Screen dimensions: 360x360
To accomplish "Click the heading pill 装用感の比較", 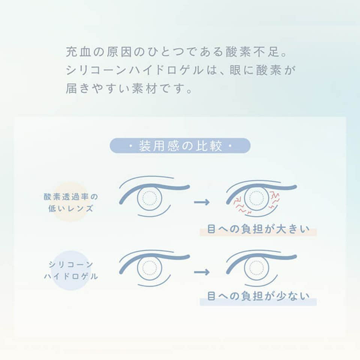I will pos(180,146).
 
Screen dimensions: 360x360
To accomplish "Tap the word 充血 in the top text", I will pos(77,52).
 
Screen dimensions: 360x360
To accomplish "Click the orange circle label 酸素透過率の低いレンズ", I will pos(70,202).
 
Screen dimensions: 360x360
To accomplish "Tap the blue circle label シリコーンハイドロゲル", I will pos(70,270).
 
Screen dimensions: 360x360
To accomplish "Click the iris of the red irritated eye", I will pos(257,198).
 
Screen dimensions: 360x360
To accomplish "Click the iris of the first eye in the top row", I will pos(150,198).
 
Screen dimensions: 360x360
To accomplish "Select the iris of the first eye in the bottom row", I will pos(150,268).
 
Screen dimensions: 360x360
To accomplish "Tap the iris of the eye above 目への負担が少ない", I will pos(256,267).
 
